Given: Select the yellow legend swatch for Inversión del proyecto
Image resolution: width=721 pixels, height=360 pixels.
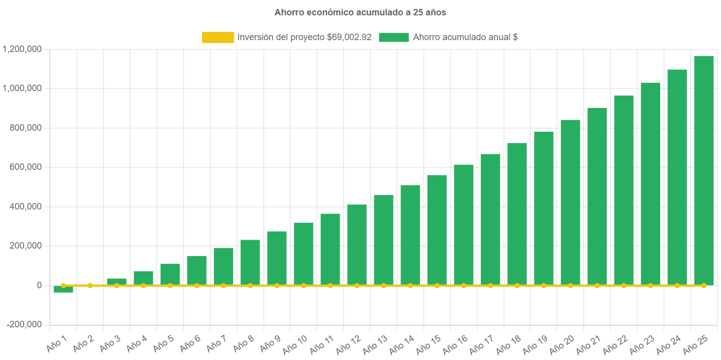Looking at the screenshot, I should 218,37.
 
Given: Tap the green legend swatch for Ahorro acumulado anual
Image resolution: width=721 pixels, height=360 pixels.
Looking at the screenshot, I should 394,37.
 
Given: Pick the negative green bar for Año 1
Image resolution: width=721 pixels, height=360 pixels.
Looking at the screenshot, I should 63,290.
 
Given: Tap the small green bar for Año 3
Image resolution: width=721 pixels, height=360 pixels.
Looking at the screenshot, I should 117,281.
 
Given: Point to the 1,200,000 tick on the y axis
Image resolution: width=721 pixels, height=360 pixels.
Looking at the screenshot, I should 22,49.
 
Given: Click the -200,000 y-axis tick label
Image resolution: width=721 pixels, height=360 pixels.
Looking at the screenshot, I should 24,324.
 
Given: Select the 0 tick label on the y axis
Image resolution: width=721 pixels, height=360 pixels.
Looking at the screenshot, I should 39,285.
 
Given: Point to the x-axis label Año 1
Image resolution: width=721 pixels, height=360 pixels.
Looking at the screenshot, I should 57,344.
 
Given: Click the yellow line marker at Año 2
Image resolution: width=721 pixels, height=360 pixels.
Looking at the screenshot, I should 90,286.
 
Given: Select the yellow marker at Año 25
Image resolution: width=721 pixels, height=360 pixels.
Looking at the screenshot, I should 704,286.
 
